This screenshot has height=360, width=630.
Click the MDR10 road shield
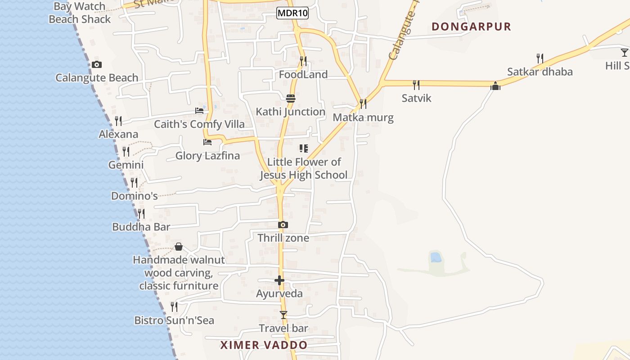click(292, 13)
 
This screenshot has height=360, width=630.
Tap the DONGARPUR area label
click(471, 27)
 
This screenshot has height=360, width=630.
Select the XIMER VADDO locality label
click(264, 345)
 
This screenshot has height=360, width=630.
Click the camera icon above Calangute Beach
click(97, 65)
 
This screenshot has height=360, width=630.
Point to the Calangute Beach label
click(97, 78)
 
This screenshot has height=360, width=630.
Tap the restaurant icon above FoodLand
click(303, 61)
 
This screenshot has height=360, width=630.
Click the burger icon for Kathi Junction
click(291, 98)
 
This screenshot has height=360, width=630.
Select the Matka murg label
click(363, 118)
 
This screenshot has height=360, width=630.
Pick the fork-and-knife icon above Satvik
click(416, 85)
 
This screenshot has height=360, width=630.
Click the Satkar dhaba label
click(540, 72)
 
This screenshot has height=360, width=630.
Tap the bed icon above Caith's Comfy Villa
click(199, 111)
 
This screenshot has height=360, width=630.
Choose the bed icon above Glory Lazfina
click(207, 142)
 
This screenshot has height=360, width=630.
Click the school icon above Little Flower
click(304, 148)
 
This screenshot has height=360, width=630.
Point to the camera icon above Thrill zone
click(283, 225)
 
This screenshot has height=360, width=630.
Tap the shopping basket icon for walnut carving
click(179, 247)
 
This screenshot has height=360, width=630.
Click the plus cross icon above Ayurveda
click(279, 280)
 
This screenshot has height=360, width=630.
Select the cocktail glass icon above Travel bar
click(283, 315)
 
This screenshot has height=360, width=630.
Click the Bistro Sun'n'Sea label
click(174, 320)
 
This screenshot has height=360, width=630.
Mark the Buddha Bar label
click(141, 227)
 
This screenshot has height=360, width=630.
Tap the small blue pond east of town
click(436, 257)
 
